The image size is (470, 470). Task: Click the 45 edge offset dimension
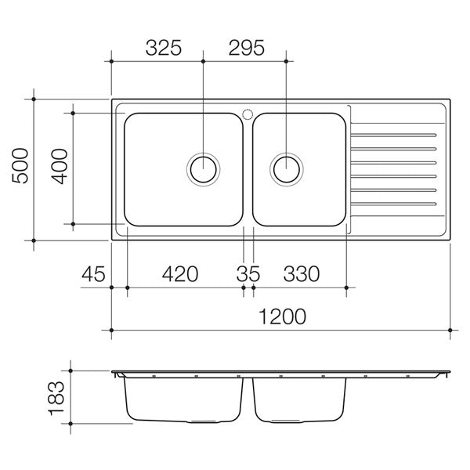(93, 274)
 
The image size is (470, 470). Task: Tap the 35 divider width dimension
(248, 274)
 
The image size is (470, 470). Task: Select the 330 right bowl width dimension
(301, 274)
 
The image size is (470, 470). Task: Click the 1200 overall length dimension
(281, 317)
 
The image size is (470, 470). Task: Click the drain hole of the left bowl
(204, 168)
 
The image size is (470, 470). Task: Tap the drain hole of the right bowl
(286, 168)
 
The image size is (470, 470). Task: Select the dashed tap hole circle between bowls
(248, 114)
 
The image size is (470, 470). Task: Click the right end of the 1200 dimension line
(450, 331)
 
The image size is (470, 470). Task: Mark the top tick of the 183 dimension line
(71, 371)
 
